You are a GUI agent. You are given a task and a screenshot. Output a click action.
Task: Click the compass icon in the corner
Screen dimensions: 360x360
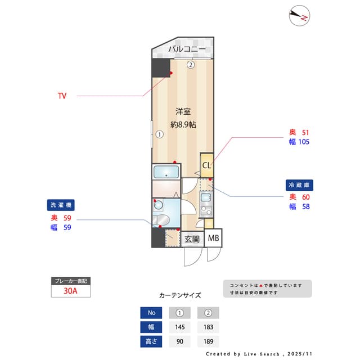299,16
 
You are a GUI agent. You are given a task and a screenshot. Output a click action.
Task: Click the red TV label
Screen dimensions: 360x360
62,96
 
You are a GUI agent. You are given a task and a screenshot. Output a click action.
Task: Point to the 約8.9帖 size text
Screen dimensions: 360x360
183,124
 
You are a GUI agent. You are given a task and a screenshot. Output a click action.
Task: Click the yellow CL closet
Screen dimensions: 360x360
206,165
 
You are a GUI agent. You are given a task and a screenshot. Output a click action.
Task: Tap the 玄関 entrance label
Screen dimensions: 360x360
192,238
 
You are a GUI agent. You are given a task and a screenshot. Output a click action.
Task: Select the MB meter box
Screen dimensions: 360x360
214,238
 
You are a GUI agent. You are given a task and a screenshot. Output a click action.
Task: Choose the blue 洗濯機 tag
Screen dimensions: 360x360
61,205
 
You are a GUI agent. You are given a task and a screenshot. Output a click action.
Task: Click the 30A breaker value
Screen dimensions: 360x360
70,291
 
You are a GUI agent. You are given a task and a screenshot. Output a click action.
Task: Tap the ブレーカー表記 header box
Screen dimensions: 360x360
70,281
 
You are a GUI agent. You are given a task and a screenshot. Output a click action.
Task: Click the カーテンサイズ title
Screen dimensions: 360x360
180,295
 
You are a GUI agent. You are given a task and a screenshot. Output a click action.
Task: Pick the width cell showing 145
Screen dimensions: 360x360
180,327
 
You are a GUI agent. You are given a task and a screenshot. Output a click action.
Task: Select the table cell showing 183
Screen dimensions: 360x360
208,327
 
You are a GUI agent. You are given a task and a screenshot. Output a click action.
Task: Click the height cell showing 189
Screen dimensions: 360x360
208,341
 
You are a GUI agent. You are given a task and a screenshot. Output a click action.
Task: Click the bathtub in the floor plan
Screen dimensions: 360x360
165,172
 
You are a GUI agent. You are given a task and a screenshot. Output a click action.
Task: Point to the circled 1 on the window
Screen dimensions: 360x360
160,134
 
